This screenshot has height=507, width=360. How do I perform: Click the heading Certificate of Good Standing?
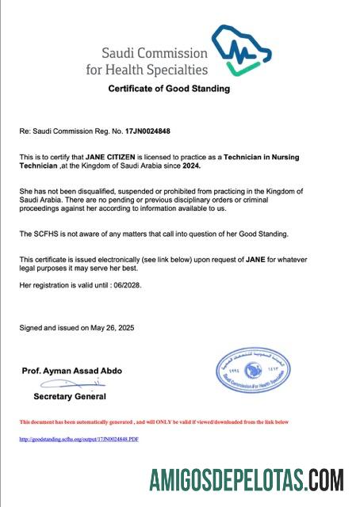pyautogui.click(x=169, y=89)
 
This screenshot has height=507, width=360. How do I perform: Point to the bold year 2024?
pyautogui.click(x=189, y=166)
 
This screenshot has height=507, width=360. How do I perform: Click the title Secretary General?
pyautogui.click(x=70, y=396)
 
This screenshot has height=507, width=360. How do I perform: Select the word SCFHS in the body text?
pyautogui.click(x=44, y=234)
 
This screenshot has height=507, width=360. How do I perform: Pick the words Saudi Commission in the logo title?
pyautogui.click(x=155, y=54)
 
